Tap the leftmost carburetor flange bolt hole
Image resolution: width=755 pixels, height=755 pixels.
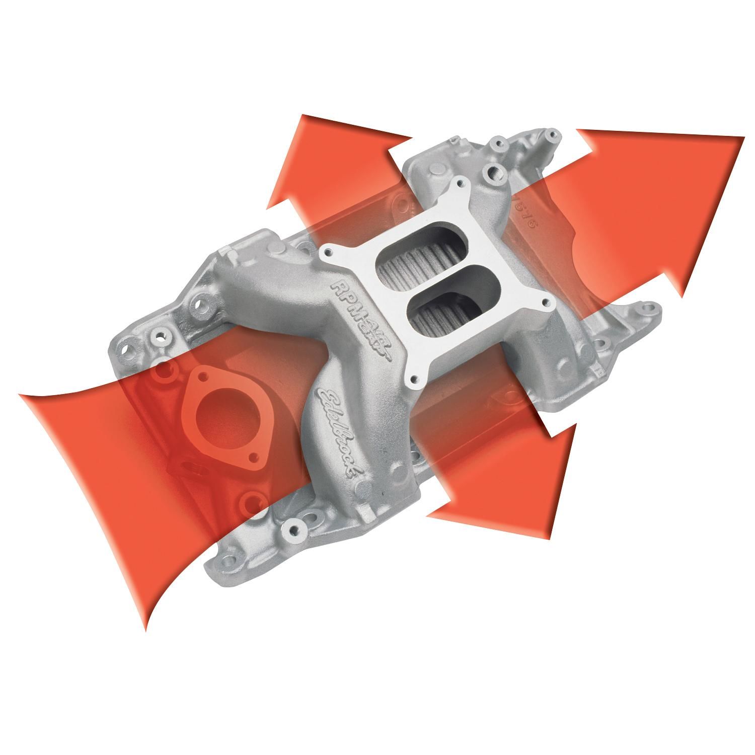click(331, 251)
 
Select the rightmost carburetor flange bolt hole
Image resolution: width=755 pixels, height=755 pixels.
click(546, 304)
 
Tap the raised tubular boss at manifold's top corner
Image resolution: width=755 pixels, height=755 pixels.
click(549, 138)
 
